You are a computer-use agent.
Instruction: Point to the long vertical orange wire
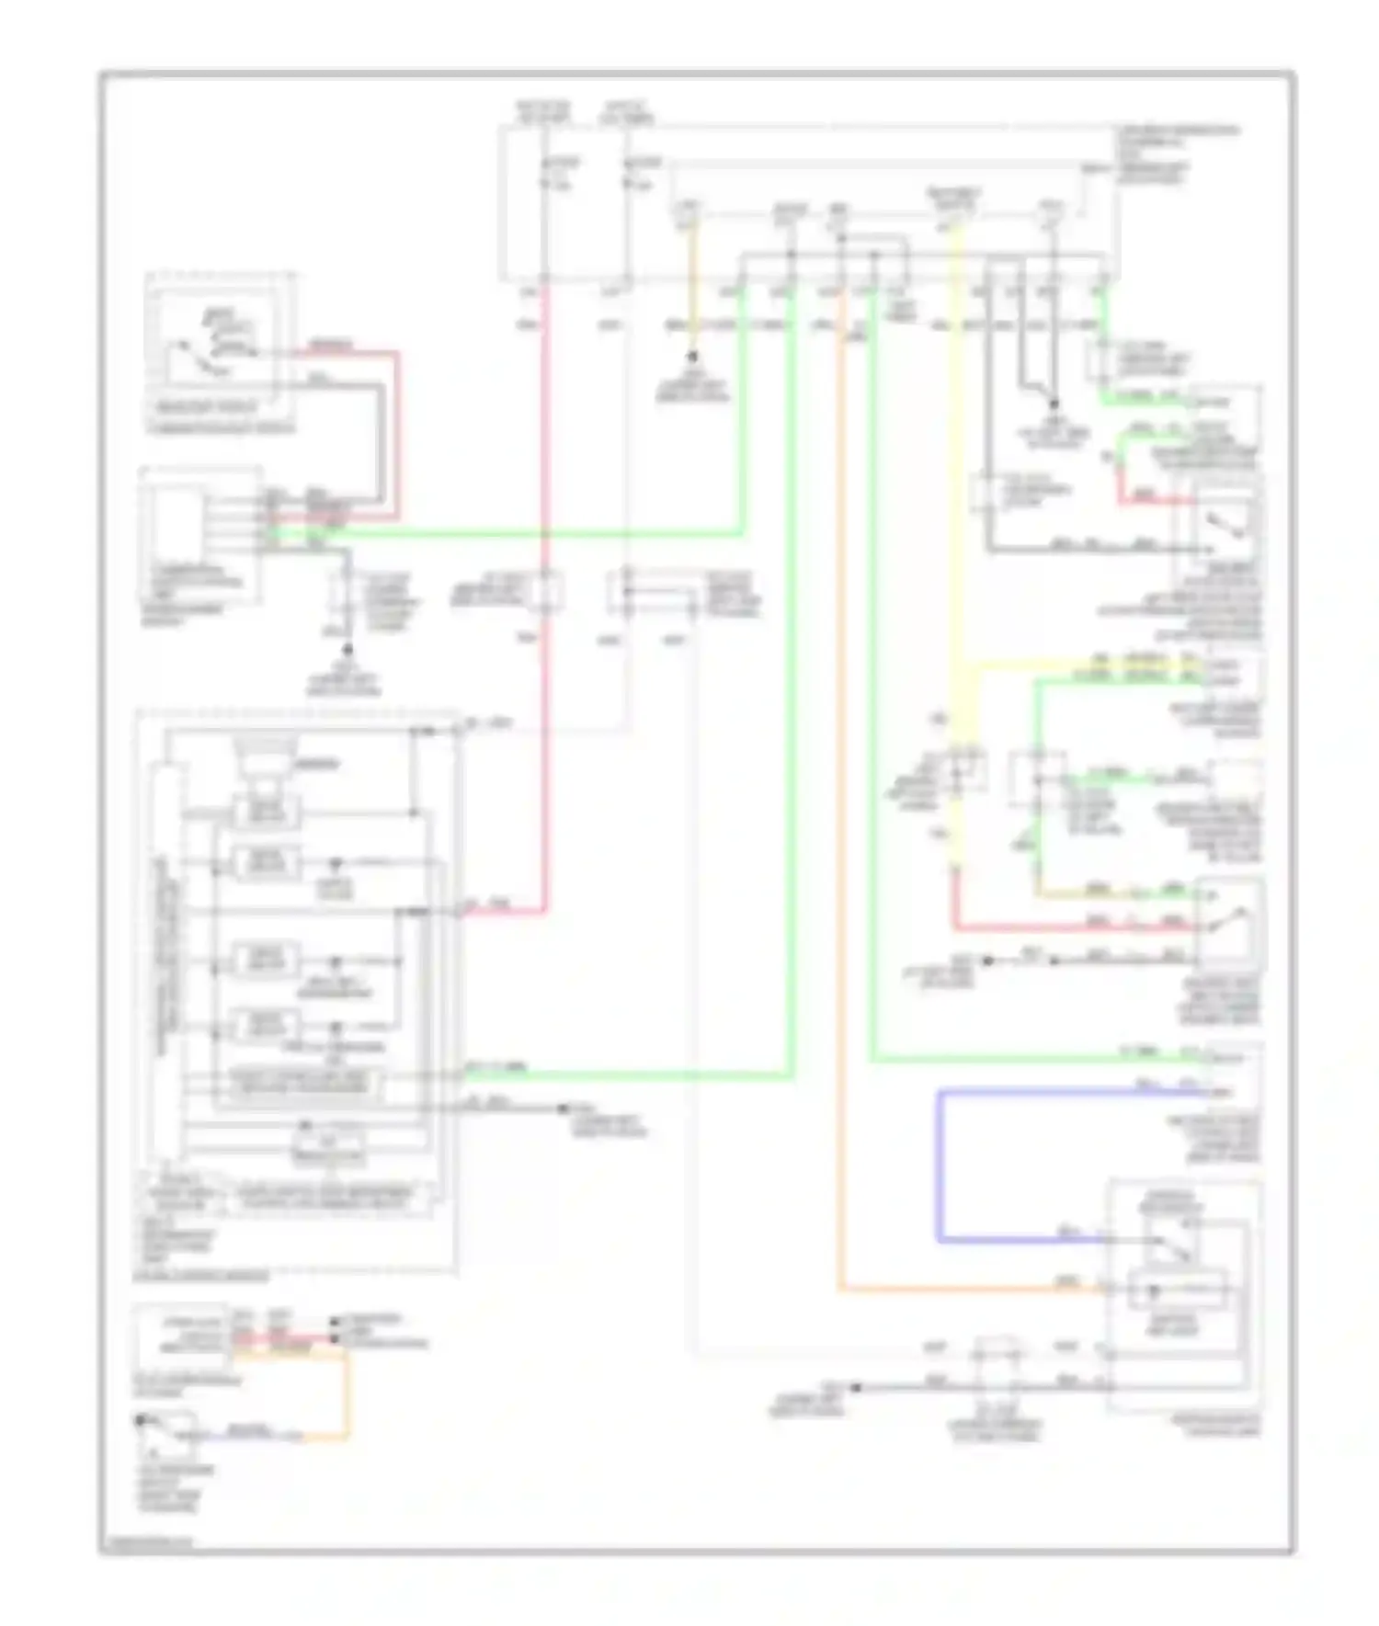[839, 827]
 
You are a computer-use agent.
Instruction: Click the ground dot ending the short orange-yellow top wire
[692, 356]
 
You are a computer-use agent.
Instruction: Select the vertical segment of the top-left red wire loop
[397, 432]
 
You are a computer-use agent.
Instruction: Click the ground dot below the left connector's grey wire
[348, 648]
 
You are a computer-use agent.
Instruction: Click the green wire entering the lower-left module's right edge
[625, 1075]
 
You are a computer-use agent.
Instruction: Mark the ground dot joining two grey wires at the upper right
[1054, 404]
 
